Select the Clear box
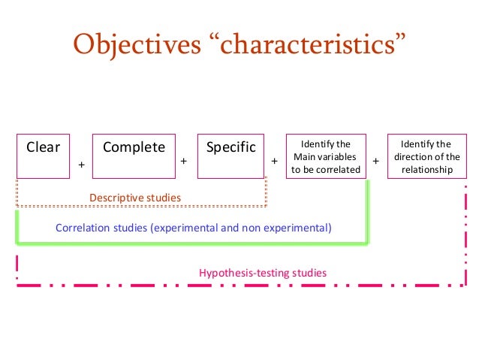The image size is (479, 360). [x=43, y=156]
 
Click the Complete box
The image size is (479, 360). [x=134, y=156]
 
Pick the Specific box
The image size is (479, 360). [x=230, y=156]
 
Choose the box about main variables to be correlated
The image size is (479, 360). [x=326, y=156]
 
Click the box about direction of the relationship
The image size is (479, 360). [x=426, y=156]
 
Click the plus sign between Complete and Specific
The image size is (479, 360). [x=183, y=161]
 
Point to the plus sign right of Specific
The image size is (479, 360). [x=274, y=161]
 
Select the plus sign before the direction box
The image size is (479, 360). [x=375, y=161]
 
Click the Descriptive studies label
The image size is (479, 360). [x=135, y=198]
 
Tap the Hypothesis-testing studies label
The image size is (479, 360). [x=263, y=273]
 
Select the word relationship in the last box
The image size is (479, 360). [x=426, y=170]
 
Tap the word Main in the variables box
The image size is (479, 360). [x=304, y=156]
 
